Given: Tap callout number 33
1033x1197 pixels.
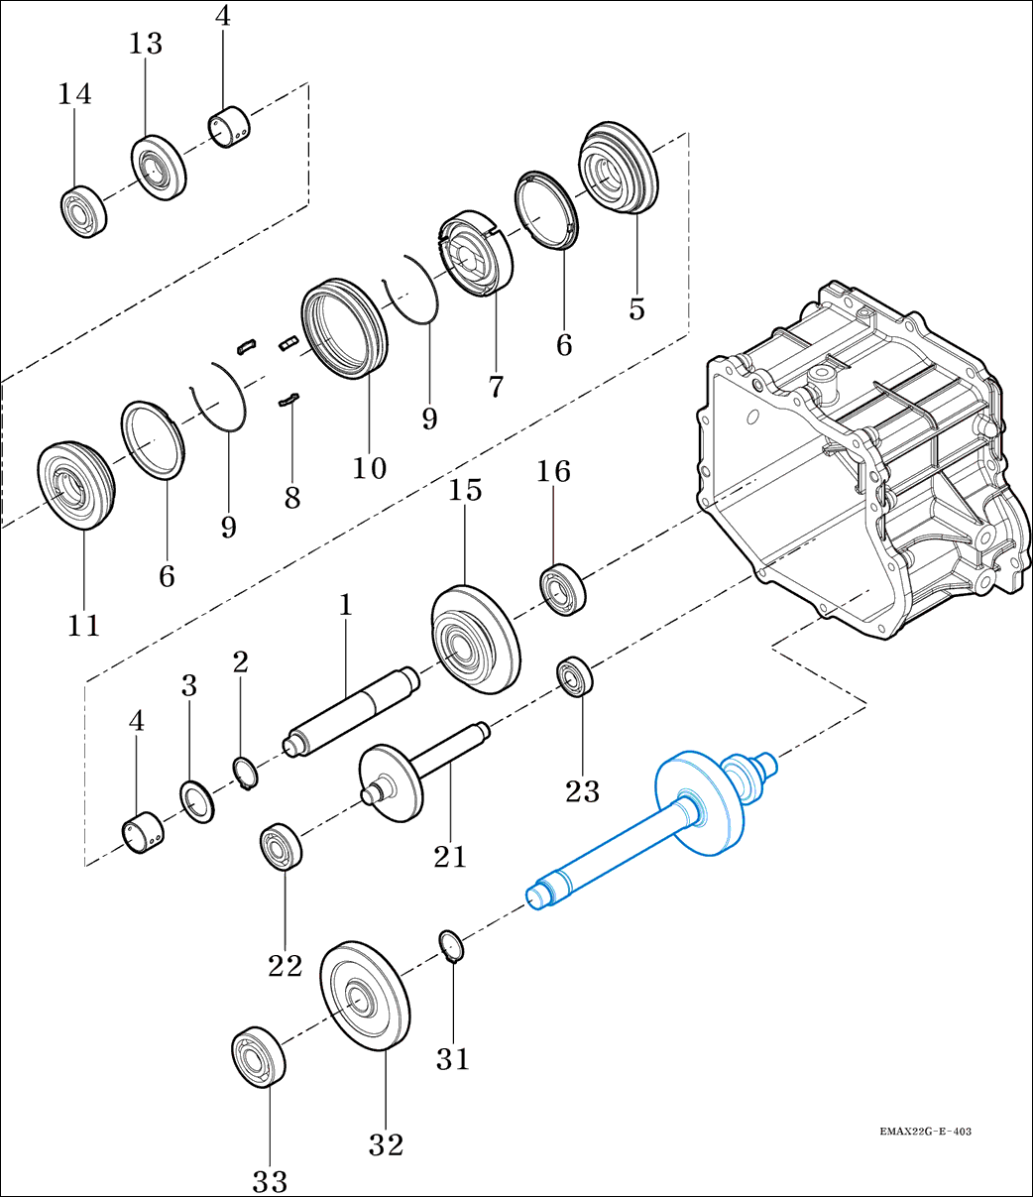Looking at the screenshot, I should (x=269, y=1180).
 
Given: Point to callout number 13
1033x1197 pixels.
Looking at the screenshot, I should (x=145, y=44).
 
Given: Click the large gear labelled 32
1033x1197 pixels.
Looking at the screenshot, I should (x=364, y=996).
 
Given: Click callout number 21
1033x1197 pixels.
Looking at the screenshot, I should (x=450, y=855).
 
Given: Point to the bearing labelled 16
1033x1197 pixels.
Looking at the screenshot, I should (x=562, y=588).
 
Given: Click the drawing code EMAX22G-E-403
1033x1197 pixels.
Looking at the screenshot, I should (x=925, y=1132).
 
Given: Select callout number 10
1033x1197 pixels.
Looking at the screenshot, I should (x=369, y=466).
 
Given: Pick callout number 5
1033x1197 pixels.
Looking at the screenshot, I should (x=636, y=308).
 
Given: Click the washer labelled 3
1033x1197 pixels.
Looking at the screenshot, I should (x=196, y=801).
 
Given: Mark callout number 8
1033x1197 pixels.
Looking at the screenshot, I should (x=291, y=497).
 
